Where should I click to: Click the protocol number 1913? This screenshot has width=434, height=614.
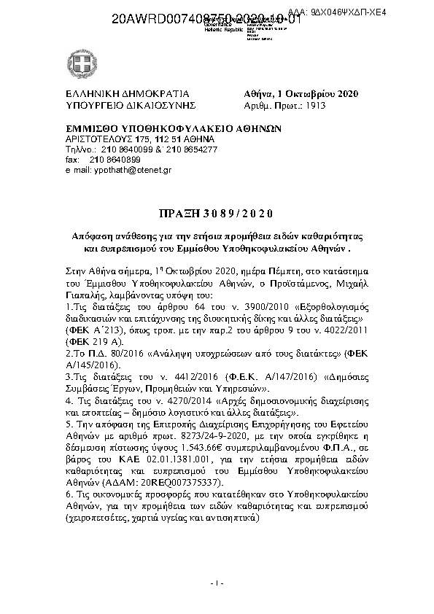pyautogui.click(x=316, y=105)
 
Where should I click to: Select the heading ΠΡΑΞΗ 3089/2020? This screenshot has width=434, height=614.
pyautogui.click(x=216, y=213)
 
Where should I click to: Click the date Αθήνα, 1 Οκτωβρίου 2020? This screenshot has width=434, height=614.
pyautogui.click(x=300, y=94)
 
